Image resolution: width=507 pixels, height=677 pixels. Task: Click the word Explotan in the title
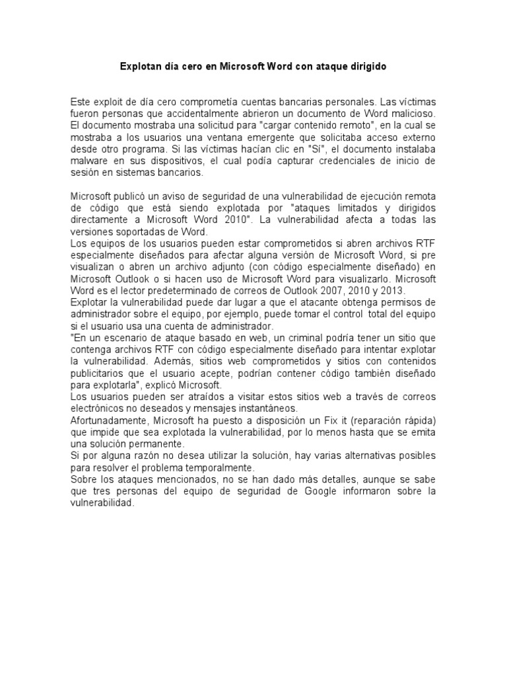(x=139, y=67)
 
